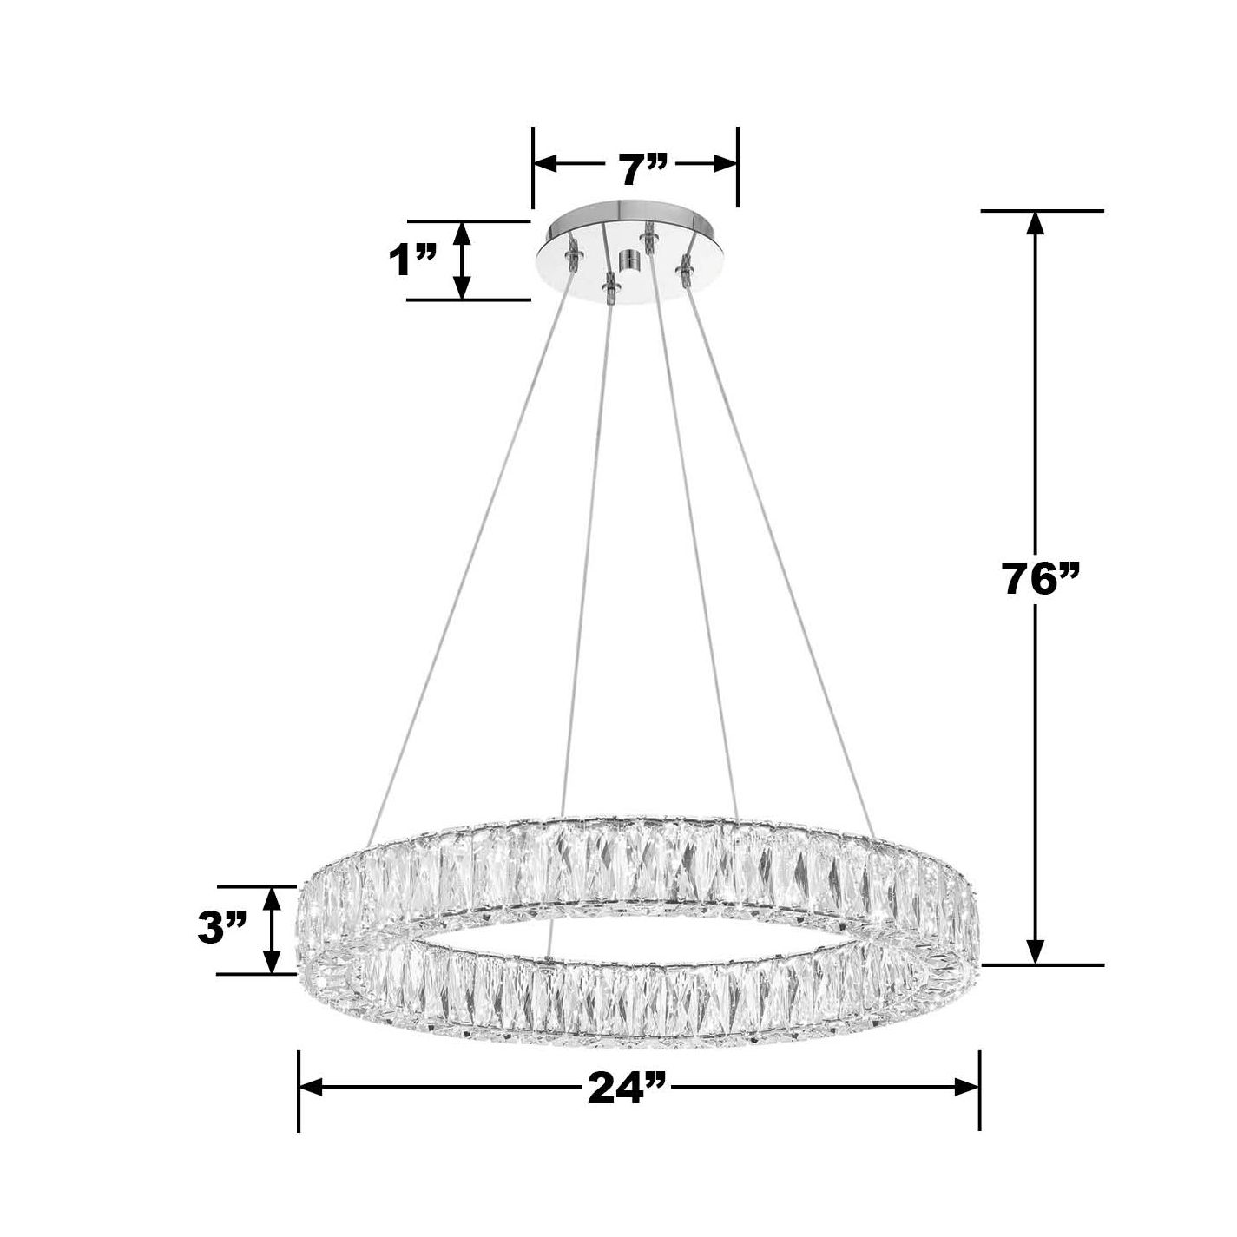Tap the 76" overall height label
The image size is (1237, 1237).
coord(1041,579)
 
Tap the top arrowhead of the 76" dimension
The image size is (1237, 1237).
coord(1034,226)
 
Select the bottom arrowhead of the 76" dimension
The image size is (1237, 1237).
coord(1034,950)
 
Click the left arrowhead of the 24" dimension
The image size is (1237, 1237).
coord(313,1087)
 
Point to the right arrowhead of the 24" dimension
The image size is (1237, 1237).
coord(965,1087)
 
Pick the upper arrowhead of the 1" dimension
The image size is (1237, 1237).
coord(464,234)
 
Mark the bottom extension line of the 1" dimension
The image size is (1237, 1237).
coord(469,299)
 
